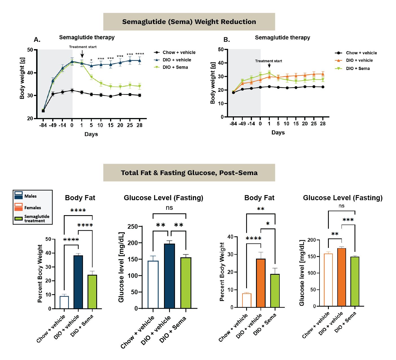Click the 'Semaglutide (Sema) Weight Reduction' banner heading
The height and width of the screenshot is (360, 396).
pos(189,22)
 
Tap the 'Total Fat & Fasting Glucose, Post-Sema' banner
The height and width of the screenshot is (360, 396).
pos(189,173)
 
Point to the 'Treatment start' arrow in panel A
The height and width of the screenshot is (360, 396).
pos(82,54)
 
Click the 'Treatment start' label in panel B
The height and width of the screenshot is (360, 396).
pos(268,61)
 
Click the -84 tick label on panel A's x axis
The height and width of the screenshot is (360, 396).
pos(43,125)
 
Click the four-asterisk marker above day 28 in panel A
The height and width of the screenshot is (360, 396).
pos(140,54)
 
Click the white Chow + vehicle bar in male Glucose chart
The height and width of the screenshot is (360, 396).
pos(153,284)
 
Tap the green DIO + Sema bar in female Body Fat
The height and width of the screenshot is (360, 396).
pos(275,291)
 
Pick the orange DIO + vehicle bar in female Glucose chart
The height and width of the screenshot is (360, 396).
pos(342,277)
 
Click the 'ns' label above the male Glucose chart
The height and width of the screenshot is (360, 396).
pos(169,208)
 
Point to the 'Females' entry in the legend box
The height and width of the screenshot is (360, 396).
pos(32,208)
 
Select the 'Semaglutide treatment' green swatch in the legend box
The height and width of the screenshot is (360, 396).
pos(19,219)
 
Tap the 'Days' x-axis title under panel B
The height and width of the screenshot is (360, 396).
pos(278,133)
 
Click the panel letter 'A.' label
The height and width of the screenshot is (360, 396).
pos(37,40)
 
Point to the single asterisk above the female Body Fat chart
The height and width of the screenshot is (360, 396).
pos(268,224)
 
